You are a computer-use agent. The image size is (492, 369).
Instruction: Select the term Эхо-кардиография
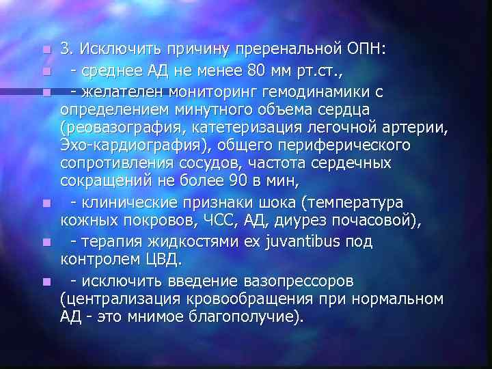coord(122,146)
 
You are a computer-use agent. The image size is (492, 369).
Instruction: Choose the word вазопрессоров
coord(295,280)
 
